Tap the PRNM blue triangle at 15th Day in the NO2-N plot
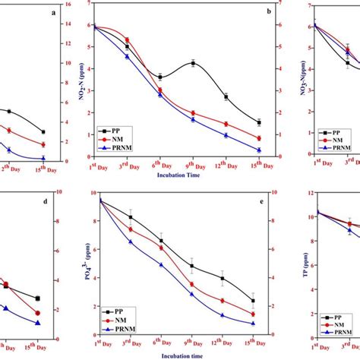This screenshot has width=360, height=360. point(259,150)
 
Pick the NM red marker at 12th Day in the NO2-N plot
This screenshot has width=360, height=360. point(226,124)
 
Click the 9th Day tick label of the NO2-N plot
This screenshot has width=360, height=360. point(193,165)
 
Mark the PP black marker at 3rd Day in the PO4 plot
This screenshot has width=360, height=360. point(130,217)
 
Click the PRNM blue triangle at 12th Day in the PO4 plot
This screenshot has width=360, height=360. point(223,315)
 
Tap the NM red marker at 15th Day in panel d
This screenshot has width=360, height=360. point(38,313)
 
